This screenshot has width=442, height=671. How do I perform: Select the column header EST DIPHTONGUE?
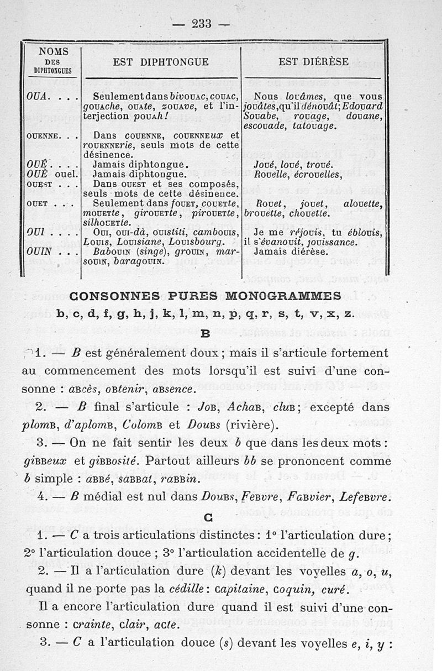tap(161, 62)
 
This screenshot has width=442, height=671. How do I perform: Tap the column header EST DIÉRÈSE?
tap(313, 62)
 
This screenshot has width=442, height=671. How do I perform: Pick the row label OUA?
tap(37, 95)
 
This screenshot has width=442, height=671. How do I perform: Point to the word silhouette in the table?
tap(108, 223)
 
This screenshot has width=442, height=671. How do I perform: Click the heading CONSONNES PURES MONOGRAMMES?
tap(204, 294)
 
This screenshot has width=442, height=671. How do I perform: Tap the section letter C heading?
tap(208, 518)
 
